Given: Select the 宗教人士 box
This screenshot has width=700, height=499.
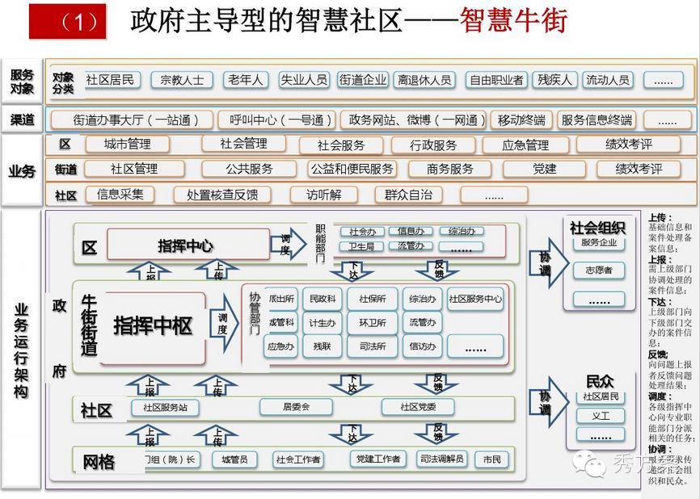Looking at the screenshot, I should (x=182, y=80).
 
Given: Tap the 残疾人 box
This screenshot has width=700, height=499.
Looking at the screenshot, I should (x=555, y=80).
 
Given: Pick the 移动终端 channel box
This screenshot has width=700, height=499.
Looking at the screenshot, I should (x=521, y=120).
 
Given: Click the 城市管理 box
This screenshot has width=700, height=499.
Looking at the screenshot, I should (x=127, y=145).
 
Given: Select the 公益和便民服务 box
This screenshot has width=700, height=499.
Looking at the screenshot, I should (x=352, y=169).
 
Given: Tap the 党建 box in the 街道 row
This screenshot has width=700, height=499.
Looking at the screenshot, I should (x=544, y=169).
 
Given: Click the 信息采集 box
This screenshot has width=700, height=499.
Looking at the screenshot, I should (x=120, y=195).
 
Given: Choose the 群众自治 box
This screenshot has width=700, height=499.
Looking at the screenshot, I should (x=403, y=195).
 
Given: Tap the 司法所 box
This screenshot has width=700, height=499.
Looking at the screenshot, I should (x=372, y=346).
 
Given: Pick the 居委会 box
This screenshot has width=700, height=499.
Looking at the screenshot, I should (x=296, y=407).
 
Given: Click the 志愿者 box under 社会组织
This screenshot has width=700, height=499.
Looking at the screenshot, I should (x=598, y=270).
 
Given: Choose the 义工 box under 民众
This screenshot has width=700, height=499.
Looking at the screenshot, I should (x=601, y=416).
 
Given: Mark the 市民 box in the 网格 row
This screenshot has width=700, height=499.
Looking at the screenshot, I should (x=491, y=459).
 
